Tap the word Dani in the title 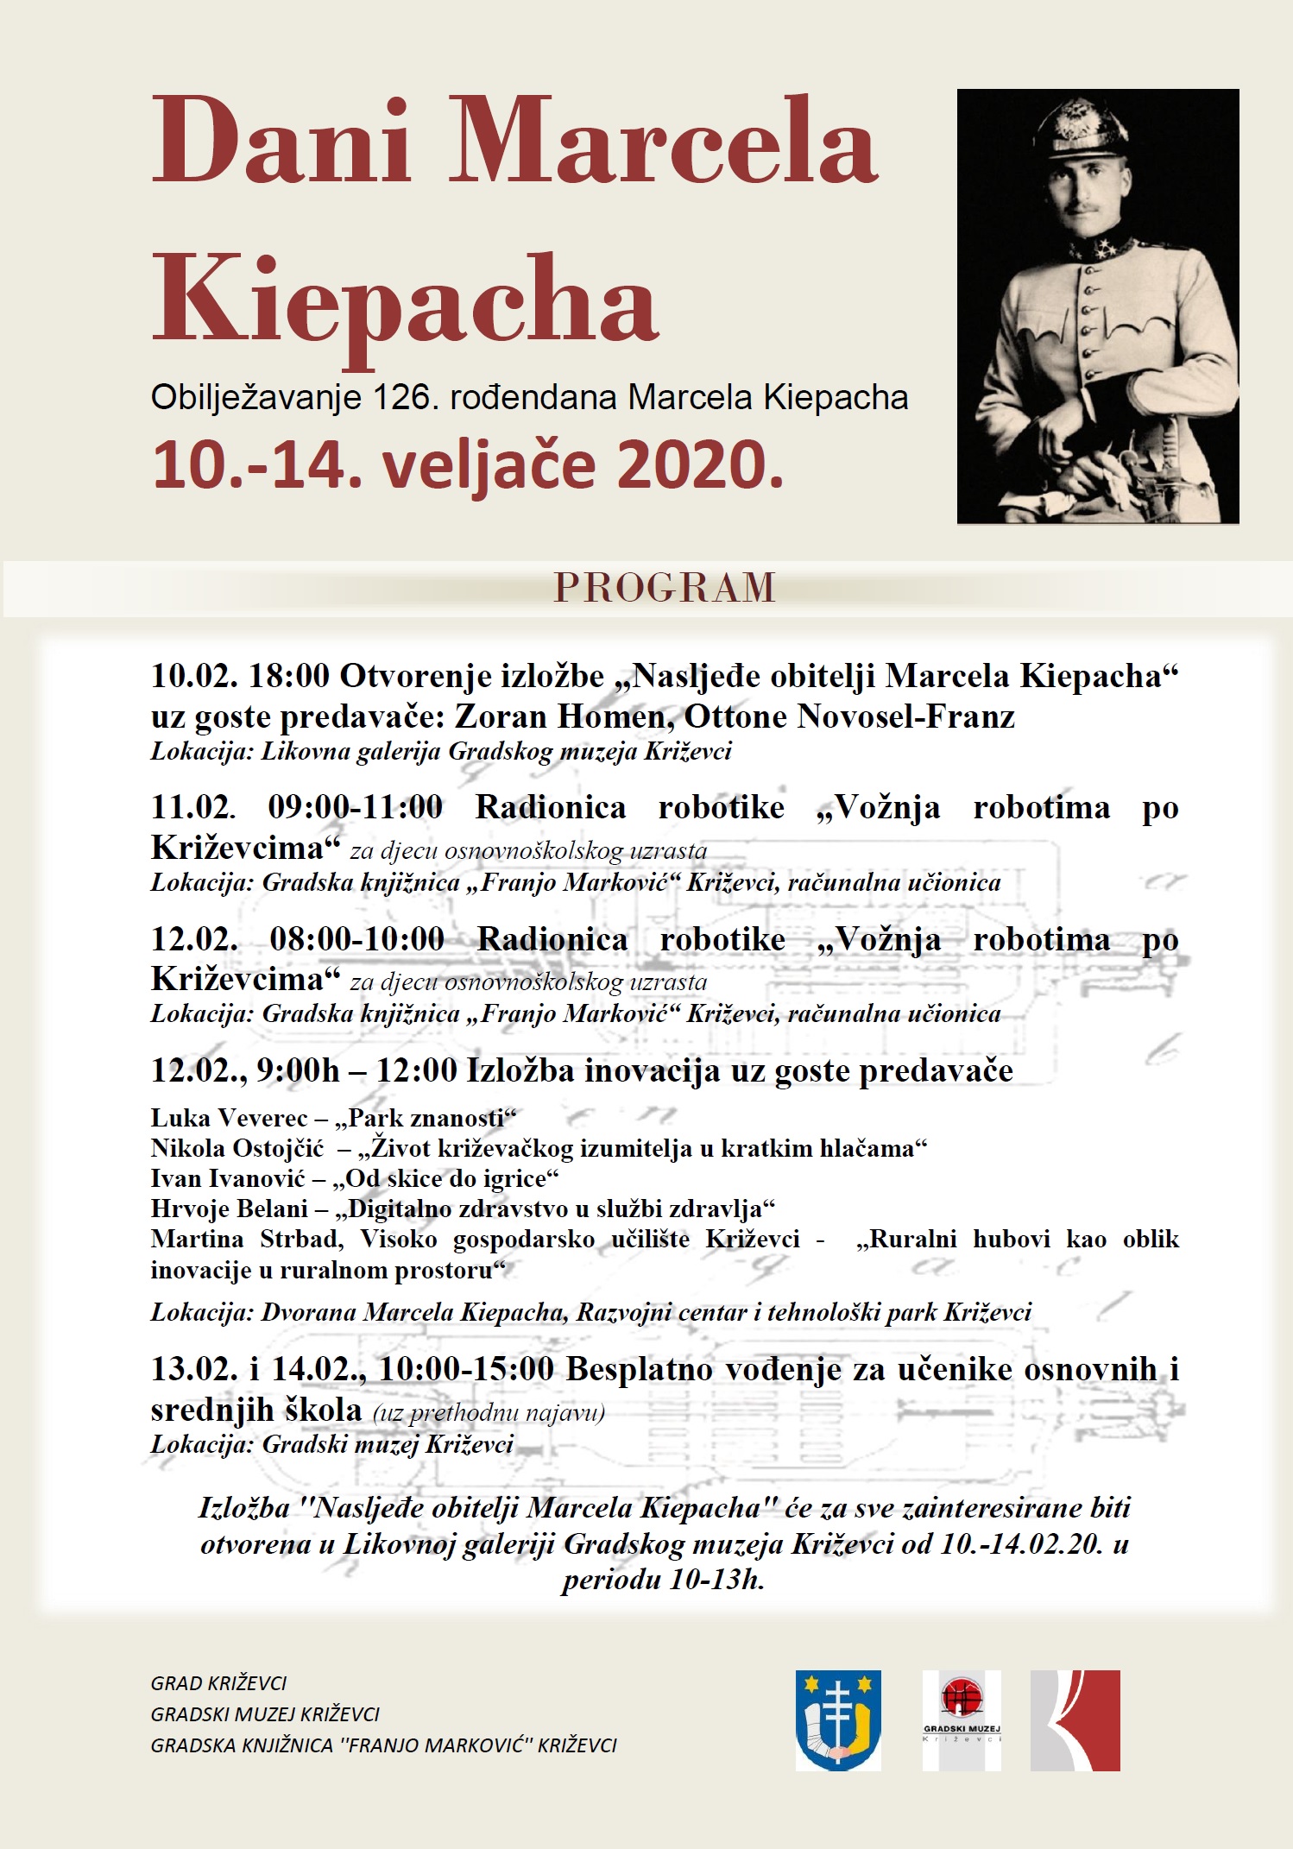(281, 142)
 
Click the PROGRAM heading (665, 588)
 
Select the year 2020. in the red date (700, 465)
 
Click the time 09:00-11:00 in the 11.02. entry (355, 808)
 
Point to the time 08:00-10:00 (356, 939)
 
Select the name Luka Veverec (229, 1119)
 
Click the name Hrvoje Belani (229, 1209)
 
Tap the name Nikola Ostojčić (237, 1149)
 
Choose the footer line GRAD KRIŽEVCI (218, 1683)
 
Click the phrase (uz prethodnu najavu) (489, 1413)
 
